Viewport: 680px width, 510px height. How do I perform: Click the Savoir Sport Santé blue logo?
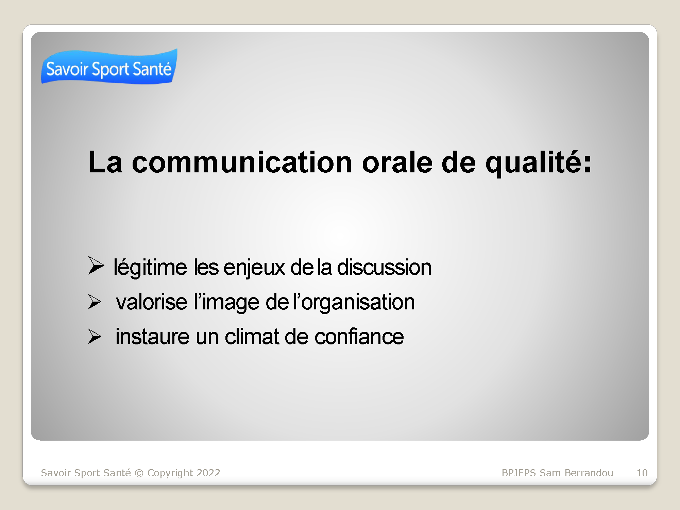109,67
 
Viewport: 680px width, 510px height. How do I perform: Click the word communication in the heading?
242,162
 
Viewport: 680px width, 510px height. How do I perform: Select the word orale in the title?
397,162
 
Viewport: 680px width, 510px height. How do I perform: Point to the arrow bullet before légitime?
96,265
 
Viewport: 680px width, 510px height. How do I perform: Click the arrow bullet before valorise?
95,302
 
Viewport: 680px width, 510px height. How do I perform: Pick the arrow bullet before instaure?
95,336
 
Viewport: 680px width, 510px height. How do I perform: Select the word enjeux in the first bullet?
254,268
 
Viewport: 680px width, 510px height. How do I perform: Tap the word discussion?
384,267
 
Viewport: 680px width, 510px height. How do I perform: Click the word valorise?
151,302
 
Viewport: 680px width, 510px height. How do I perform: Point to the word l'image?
227,303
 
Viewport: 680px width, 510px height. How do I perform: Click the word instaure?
152,337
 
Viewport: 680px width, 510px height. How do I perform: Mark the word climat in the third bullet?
252,337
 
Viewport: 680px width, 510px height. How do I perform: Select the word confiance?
359,337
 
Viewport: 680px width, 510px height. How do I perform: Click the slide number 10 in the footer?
642,473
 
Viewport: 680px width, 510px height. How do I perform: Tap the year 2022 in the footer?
208,473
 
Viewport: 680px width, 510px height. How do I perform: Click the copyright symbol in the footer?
139,473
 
